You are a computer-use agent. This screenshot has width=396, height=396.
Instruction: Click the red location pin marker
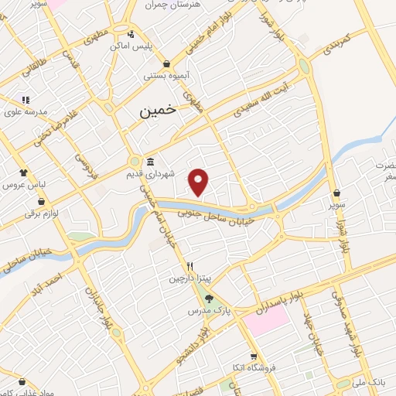pos(200,181)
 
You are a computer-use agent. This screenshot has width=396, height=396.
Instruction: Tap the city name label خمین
pos(158,111)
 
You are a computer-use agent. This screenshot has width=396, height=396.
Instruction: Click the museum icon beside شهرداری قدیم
pos(148,162)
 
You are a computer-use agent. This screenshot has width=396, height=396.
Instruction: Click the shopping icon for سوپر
pos(336,193)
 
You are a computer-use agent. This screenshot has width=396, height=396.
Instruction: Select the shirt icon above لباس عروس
pos(23,173)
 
